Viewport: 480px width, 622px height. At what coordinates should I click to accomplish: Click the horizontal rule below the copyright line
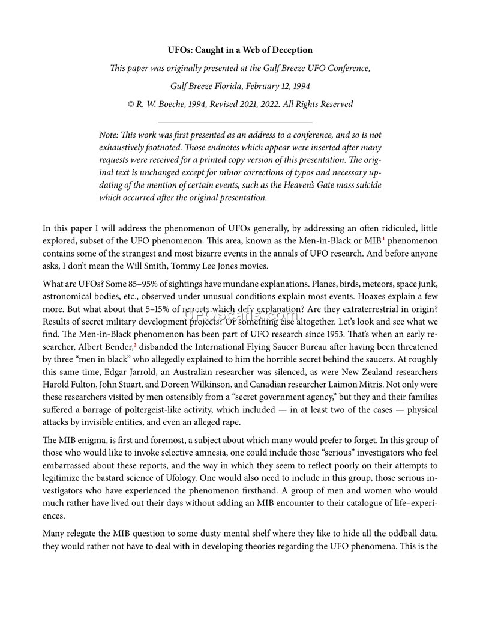[x=240, y=122]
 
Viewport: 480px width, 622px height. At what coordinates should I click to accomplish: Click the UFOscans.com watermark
[x=240, y=315]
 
